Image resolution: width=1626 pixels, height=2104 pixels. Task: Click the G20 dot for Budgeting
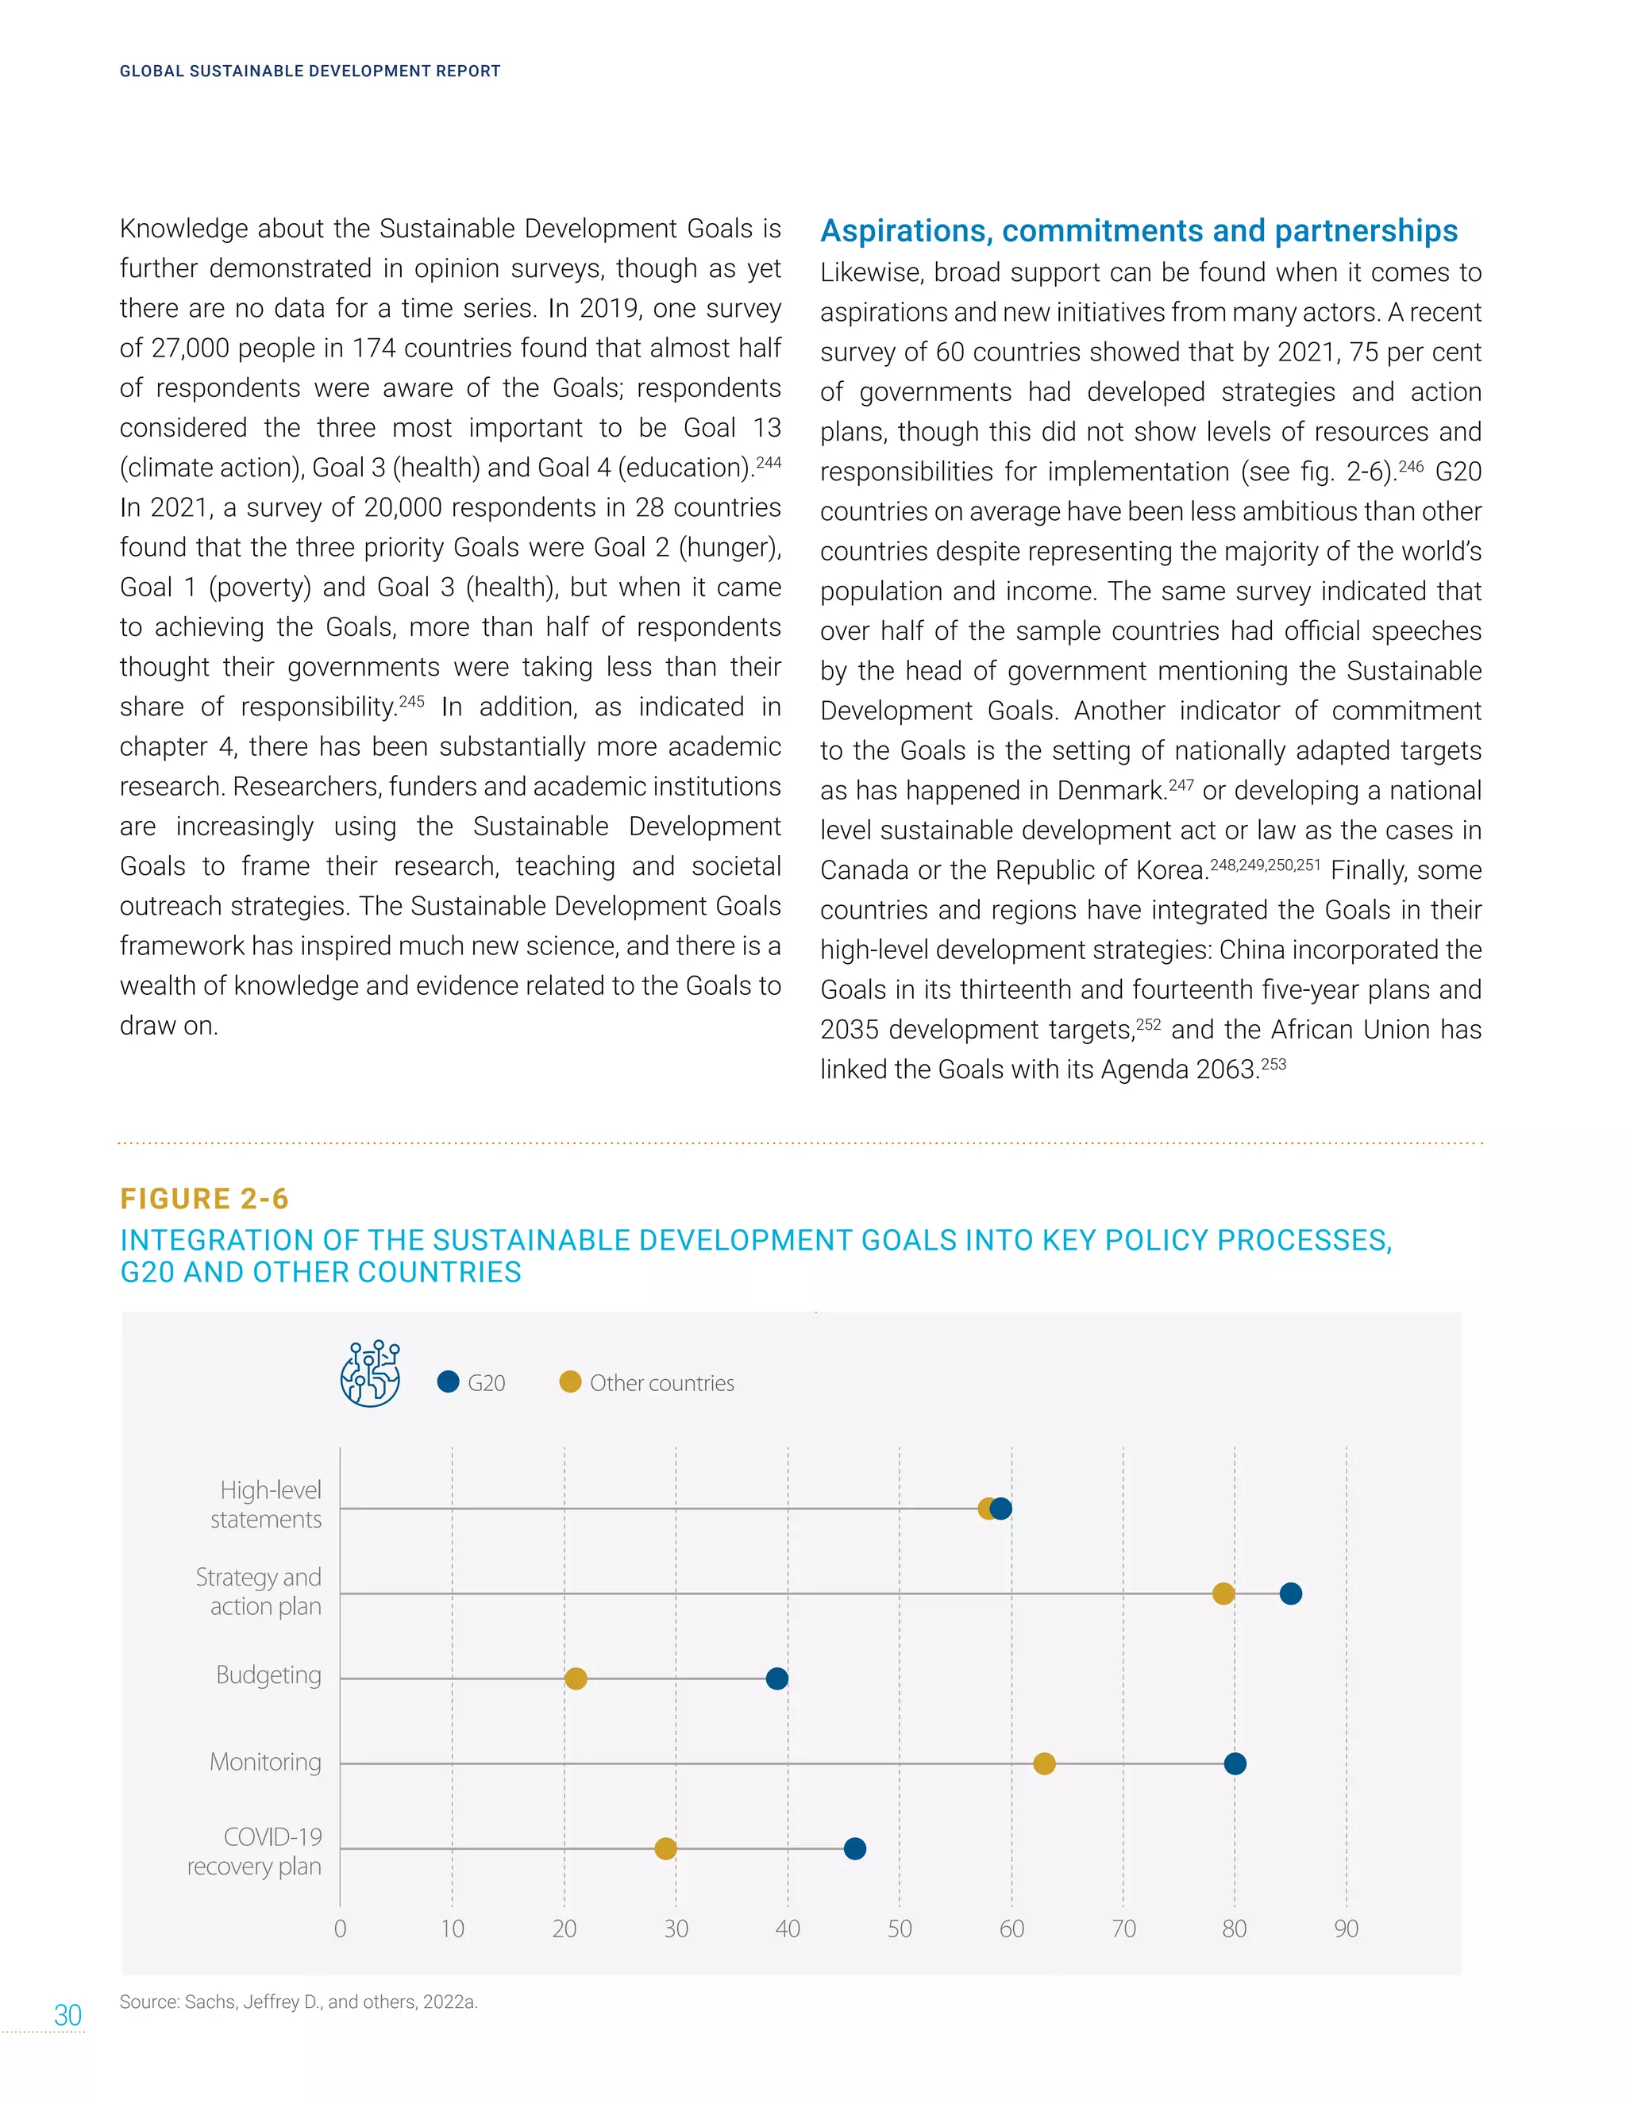[776, 1678]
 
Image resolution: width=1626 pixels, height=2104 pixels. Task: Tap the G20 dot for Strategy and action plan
[1290, 1593]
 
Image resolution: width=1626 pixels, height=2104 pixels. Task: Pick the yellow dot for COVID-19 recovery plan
[665, 1848]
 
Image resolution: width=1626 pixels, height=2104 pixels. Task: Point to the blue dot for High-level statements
[1002, 1509]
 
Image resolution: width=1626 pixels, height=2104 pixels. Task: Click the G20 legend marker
[448, 1381]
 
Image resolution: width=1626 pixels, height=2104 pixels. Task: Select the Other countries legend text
[662, 1382]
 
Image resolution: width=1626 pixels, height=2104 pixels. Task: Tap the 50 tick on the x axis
[899, 1929]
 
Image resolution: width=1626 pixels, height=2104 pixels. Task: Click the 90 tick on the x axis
[1346, 1929]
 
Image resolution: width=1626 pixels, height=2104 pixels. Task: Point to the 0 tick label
[340, 1929]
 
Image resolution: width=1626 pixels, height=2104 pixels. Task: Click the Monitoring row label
[265, 1762]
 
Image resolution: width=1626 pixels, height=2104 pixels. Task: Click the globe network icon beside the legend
[371, 1373]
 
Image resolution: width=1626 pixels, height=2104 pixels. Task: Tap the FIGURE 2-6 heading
[204, 1198]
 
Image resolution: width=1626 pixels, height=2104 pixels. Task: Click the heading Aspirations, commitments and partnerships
[1139, 231]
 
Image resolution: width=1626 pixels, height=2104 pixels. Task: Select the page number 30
[67, 2015]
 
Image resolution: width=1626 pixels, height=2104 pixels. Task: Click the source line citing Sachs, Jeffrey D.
[299, 2002]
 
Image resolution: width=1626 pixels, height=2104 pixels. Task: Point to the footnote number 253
[1273, 1065]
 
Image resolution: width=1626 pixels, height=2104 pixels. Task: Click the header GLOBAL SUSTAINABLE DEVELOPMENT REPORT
[310, 71]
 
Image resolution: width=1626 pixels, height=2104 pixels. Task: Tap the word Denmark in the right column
[1111, 791]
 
